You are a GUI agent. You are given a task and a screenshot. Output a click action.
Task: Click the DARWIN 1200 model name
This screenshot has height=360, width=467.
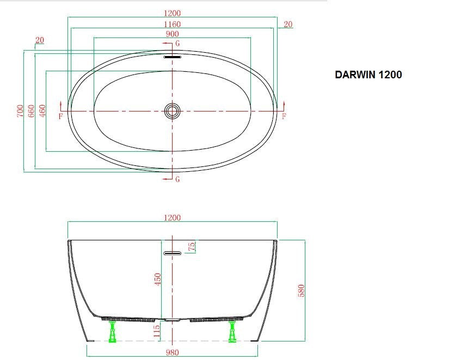(368, 75)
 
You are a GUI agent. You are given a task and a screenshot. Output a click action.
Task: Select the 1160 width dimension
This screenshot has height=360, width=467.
(172, 24)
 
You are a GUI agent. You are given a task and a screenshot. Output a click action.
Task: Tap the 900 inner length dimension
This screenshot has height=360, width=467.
(172, 34)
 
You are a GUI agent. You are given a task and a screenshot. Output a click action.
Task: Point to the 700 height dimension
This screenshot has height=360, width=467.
(20, 111)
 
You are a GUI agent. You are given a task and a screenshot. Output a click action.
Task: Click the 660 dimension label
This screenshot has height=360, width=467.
(31, 111)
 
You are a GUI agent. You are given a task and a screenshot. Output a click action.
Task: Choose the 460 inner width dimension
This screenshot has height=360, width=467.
(42, 111)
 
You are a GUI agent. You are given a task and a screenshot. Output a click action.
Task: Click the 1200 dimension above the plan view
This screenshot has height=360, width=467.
(172, 13)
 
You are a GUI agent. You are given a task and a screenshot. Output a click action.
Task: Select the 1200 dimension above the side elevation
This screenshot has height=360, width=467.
(172, 218)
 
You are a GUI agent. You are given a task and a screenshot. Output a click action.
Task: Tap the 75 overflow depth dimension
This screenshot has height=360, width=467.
(191, 246)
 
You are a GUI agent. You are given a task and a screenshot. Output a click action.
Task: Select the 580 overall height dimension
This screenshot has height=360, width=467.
(301, 290)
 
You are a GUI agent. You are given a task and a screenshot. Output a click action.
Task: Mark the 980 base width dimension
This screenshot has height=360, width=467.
(172, 352)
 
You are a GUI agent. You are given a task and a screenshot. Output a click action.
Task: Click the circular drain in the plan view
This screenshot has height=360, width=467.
(173, 111)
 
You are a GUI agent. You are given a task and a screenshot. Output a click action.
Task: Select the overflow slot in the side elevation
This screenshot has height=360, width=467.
(173, 253)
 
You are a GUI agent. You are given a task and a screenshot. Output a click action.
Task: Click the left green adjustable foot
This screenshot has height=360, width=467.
(113, 331)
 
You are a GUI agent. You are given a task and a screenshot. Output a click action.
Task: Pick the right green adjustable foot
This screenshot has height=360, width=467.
(232, 331)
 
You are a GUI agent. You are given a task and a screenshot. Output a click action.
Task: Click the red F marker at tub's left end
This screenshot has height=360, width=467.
(60, 116)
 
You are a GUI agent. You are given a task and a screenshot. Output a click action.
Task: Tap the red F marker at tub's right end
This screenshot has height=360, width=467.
(284, 116)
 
